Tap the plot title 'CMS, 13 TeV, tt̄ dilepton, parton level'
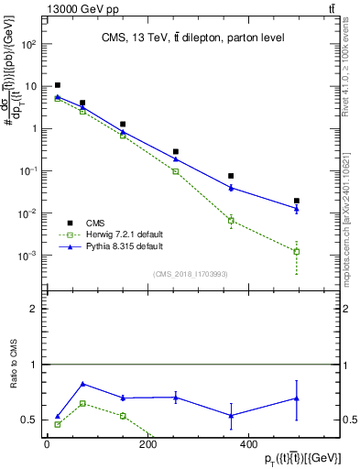tap(193, 38)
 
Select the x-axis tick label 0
tap(46, 444)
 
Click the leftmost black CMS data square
tap(58, 85)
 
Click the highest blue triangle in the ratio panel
tap(83, 384)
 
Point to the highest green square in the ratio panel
tap(83, 403)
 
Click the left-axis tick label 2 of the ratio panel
tap(34, 310)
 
